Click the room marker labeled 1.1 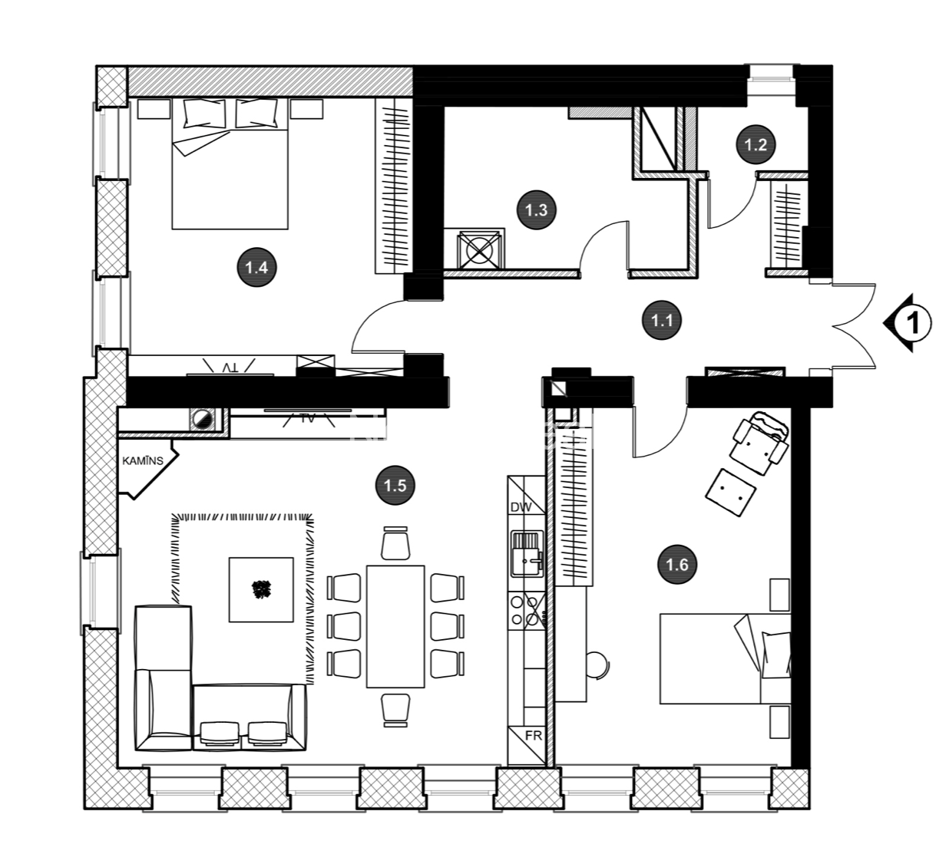click(x=662, y=320)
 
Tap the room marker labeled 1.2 click(x=756, y=144)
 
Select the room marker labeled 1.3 click(x=537, y=210)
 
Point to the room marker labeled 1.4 click(x=257, y=268)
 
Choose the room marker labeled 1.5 click(x=395, y=485)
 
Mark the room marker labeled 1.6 click(x=677, y=564)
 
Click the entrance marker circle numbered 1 click(x=914, y=323)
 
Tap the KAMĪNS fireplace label click(x=143, y=460)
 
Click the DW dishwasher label click(x=521, y=507)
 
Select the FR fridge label click(x=533, y=735)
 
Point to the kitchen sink click(x=527, y=554)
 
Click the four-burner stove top click(x=527, y=611)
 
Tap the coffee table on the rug click(x=261, y=590)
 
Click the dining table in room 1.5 click(x=395, y=626)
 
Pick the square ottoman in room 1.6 click(x=730, y=493)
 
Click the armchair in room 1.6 click(x=759, y=442)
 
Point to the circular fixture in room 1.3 click(x=479, y=250)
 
